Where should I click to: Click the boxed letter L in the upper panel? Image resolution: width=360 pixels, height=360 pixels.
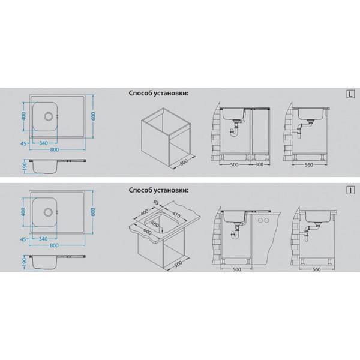coord(350,94)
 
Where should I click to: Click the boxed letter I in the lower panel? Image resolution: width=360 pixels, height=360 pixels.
coord(350,190)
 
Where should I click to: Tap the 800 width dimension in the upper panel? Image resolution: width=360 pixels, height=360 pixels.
coord(55,149)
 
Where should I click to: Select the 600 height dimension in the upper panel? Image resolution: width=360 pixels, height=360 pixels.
coord(93,116)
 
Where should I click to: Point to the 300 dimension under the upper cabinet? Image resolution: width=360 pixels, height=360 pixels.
coord(259,164)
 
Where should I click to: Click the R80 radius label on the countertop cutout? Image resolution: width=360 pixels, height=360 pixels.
coord(155,224)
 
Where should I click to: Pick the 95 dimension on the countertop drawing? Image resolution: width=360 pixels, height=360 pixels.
coord(156,203)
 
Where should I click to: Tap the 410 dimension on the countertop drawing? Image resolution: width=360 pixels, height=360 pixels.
coord(176,215)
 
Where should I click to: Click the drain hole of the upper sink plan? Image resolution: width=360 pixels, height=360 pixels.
coord(49,116)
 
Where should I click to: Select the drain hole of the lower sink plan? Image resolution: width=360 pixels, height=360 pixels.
coord(48,212)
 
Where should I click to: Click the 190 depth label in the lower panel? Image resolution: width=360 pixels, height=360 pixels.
coord(25,261)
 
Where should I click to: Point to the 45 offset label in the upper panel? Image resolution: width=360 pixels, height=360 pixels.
coord(23,144)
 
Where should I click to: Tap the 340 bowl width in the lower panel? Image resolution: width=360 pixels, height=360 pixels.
coord(43,239)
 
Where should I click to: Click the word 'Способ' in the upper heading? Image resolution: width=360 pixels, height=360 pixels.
coord(140,94)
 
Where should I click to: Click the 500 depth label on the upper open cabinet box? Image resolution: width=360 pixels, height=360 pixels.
coord(184,163)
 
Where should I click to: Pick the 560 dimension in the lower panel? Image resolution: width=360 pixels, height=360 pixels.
coord(316,269)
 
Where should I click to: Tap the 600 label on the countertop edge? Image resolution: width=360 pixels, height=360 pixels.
coord(147,232)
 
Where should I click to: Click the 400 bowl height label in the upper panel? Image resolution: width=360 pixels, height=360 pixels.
coord(24,116)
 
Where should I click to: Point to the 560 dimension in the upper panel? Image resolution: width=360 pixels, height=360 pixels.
coord(309,164)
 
